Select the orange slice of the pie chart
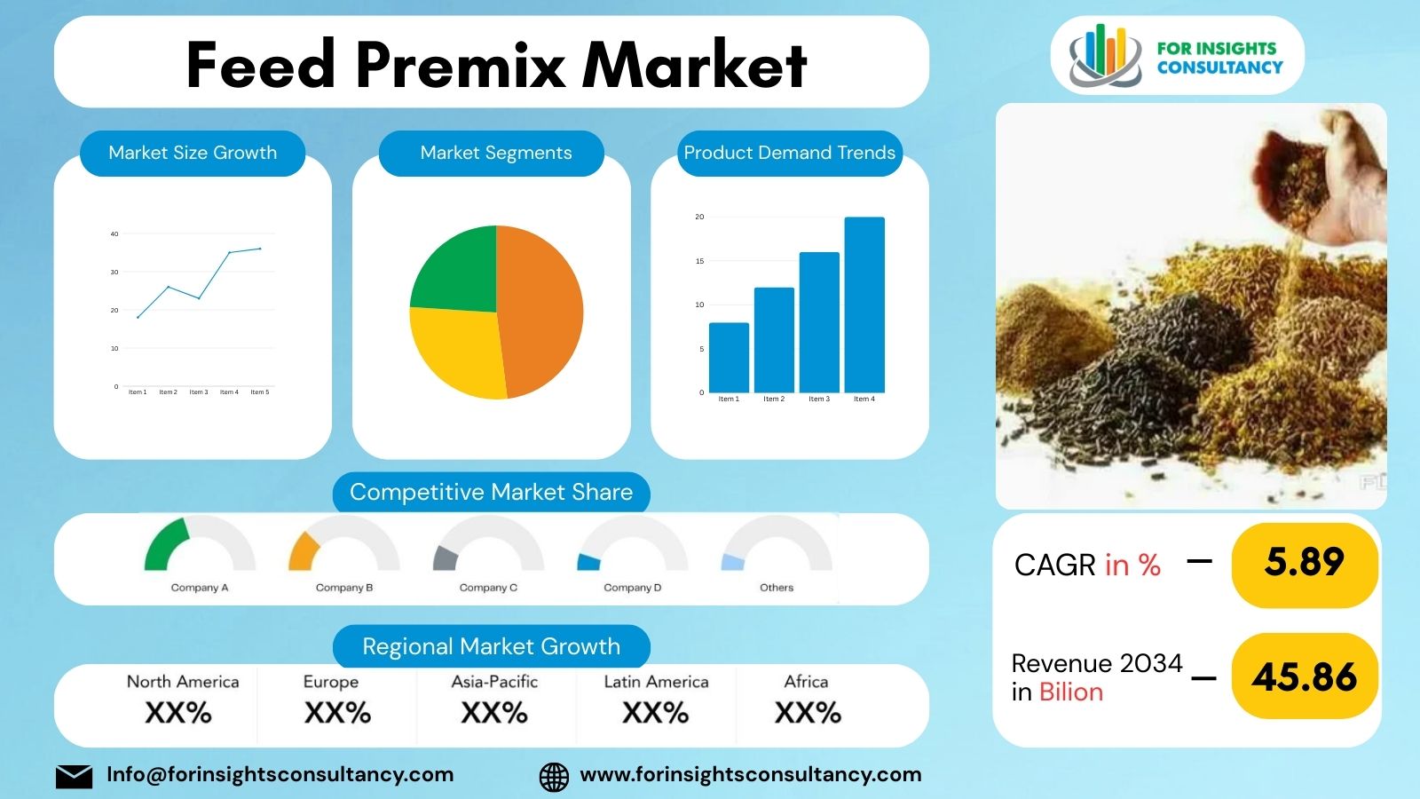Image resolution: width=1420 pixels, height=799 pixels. [541, 311]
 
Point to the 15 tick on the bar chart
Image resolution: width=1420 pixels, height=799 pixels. [699, 261]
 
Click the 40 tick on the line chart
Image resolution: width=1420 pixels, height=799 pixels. [114, 234]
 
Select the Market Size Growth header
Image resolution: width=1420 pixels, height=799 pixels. [193, 153]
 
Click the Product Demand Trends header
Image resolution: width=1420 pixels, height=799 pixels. [789, 153]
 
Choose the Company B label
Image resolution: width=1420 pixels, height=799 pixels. [344, 588]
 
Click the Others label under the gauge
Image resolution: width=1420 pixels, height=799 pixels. [777, 588]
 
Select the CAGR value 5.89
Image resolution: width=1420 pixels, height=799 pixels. [1304, 562]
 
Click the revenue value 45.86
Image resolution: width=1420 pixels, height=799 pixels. [1304, 677]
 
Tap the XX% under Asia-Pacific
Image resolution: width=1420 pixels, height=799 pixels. [494, 713]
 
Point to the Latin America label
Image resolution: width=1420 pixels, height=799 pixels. [656, 682]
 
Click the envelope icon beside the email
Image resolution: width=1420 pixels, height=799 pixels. [74, 776]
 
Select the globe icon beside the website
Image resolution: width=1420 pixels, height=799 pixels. [554, 776]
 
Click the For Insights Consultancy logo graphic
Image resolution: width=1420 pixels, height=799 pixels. [1104, 55]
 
